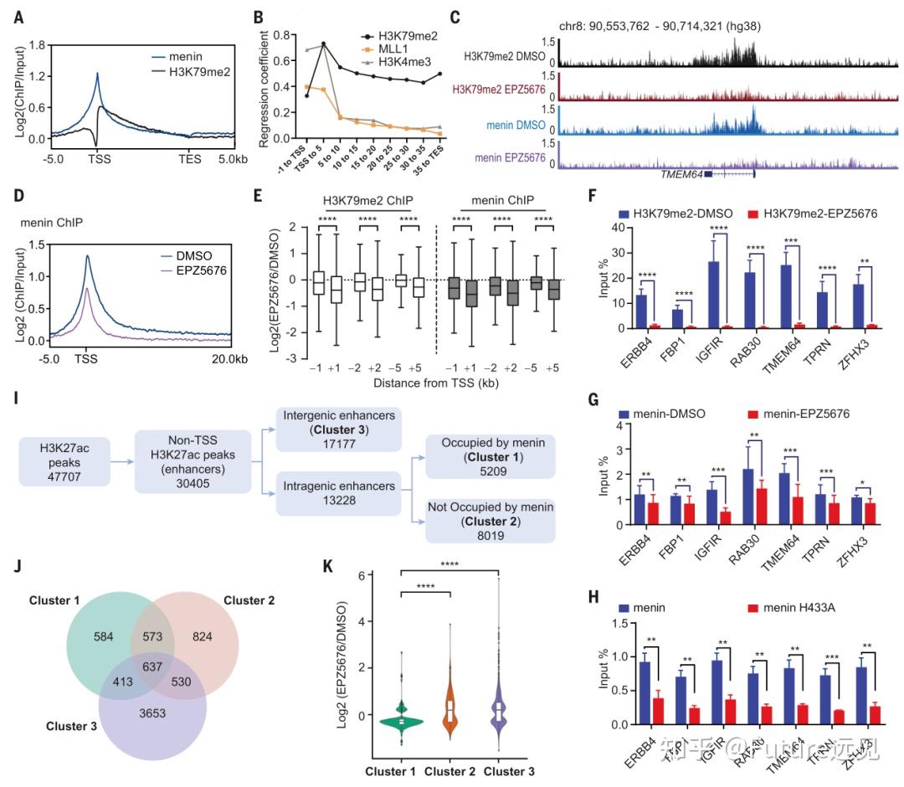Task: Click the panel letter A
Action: tap(19, 15)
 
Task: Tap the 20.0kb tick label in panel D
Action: tap(231, 361)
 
